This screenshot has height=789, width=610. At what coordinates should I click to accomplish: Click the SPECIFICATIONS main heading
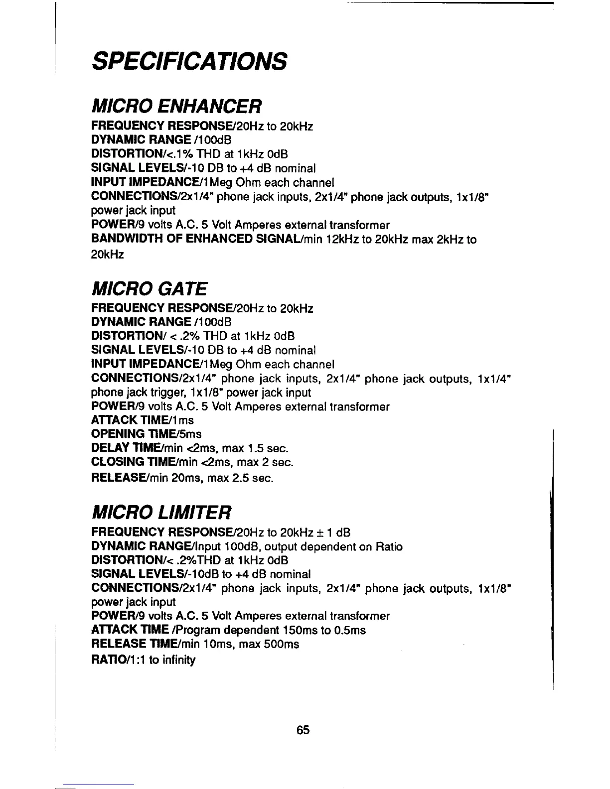[x=189, y=61]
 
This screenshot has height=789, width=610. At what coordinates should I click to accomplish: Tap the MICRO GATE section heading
[x=149, y=288]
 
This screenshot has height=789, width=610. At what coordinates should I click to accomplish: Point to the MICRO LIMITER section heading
[x=161, y=511]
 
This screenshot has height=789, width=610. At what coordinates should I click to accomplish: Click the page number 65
[x=303, y=730]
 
